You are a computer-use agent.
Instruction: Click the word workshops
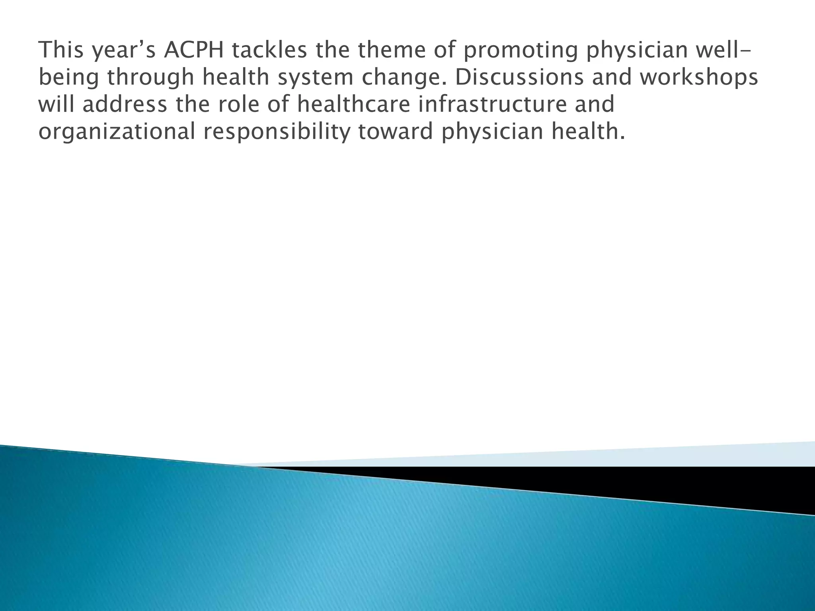(x=698, y=78)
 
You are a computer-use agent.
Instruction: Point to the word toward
(x=395, y=131)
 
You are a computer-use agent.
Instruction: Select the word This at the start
(x=62, y=50)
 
